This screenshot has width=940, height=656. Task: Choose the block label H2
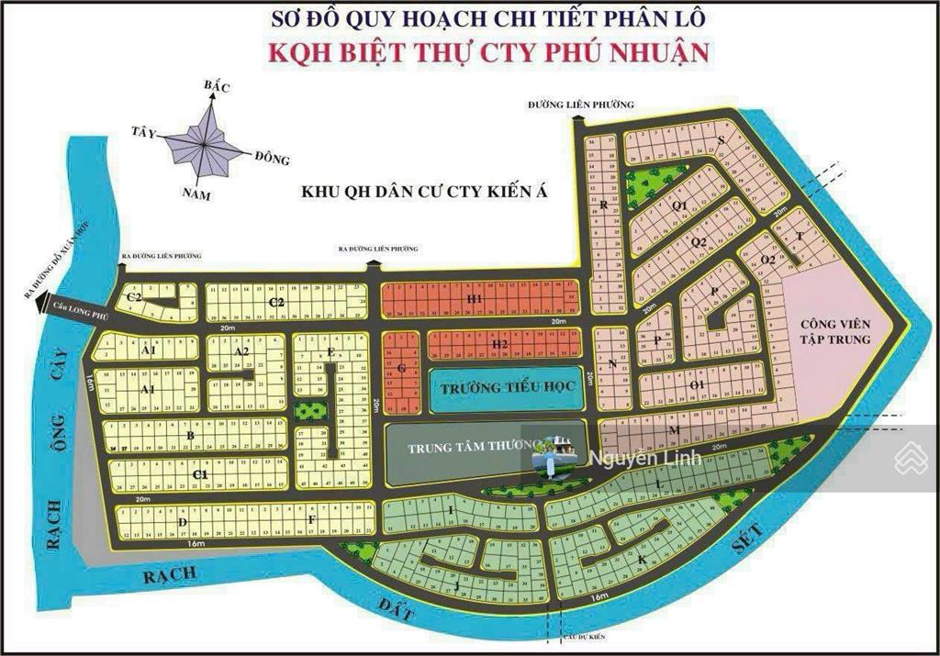click(499, 344)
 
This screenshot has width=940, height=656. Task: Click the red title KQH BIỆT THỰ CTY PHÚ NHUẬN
click(488, 51)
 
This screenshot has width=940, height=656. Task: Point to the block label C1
click(200, 473)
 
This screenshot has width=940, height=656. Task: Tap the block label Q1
click(679, 206)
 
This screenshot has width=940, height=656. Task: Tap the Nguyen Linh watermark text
click(645, 458)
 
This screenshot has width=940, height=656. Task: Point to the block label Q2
click(698, 242)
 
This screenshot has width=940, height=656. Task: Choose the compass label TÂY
click(145, 130)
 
